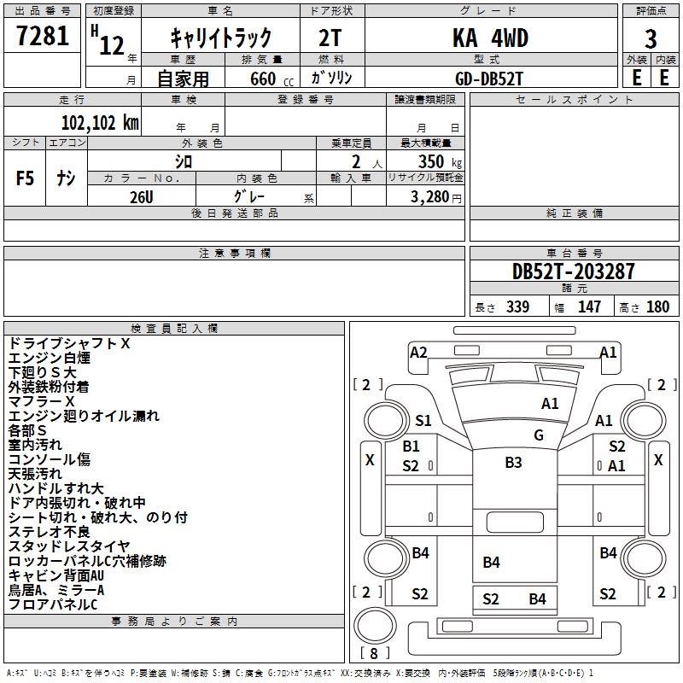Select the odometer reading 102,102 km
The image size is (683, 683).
coord(100,122)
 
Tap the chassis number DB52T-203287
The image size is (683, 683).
coord(573,271)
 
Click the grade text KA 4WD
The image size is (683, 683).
coord(490,38)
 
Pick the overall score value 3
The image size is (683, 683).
coord(651,38)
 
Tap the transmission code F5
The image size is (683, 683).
coord(26,178)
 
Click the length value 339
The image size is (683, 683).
coord(517,307)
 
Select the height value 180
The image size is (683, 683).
coord(657,307)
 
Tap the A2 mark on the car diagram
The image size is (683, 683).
coord(418,352)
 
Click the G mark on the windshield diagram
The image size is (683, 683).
coord(538,435)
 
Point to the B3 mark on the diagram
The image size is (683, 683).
coord(512,463)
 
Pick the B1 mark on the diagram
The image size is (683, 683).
coord(411,446)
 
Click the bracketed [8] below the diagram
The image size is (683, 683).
coord(375,653)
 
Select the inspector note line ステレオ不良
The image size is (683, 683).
coord(50,532)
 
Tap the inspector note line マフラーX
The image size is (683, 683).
coord(42,401)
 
